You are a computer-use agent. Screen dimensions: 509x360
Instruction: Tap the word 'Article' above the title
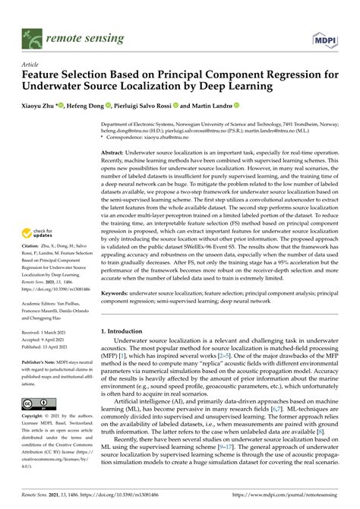click(x=31, y=66)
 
